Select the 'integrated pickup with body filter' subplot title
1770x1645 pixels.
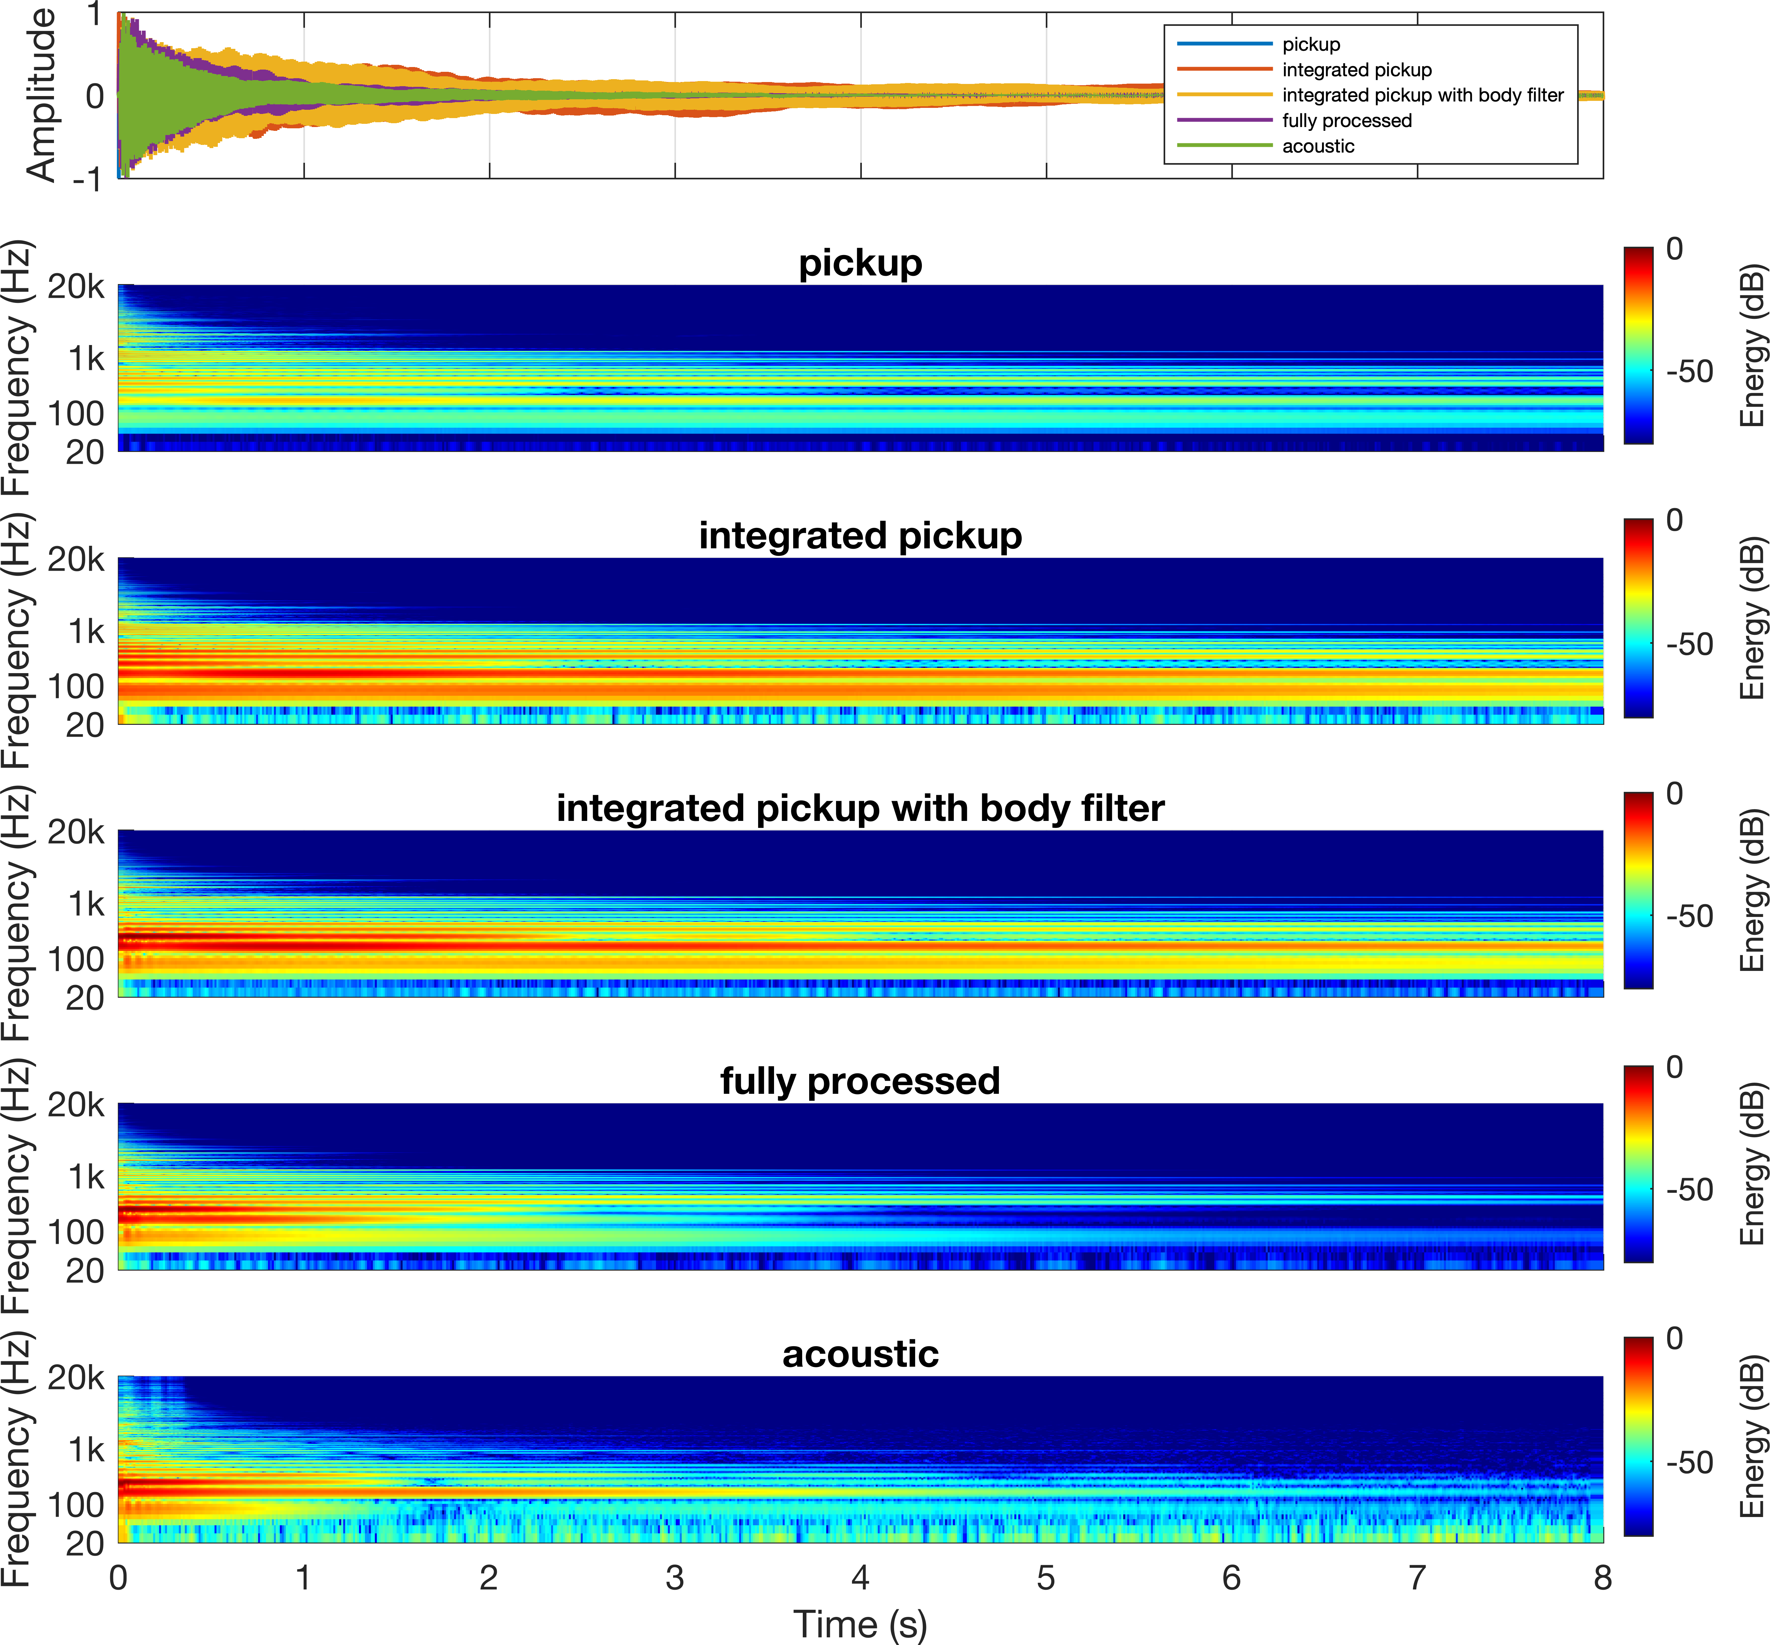[860, 808]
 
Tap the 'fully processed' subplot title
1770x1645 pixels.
[860, 1081]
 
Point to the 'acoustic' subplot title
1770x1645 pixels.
[860, 1354]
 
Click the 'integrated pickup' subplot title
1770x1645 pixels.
[860, 536]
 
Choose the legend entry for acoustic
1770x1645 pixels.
[1318, 146]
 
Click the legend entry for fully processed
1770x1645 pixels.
[1346, 120]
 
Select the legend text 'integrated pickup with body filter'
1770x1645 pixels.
[1422, 95]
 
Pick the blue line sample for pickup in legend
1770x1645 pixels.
[1224, 44]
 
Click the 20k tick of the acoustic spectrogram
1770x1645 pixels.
[76, 1378]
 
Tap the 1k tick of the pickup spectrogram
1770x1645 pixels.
[86, 359]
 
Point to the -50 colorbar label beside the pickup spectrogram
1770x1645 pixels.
[1689, 371]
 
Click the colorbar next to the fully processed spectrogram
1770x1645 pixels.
[1638, 1163]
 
